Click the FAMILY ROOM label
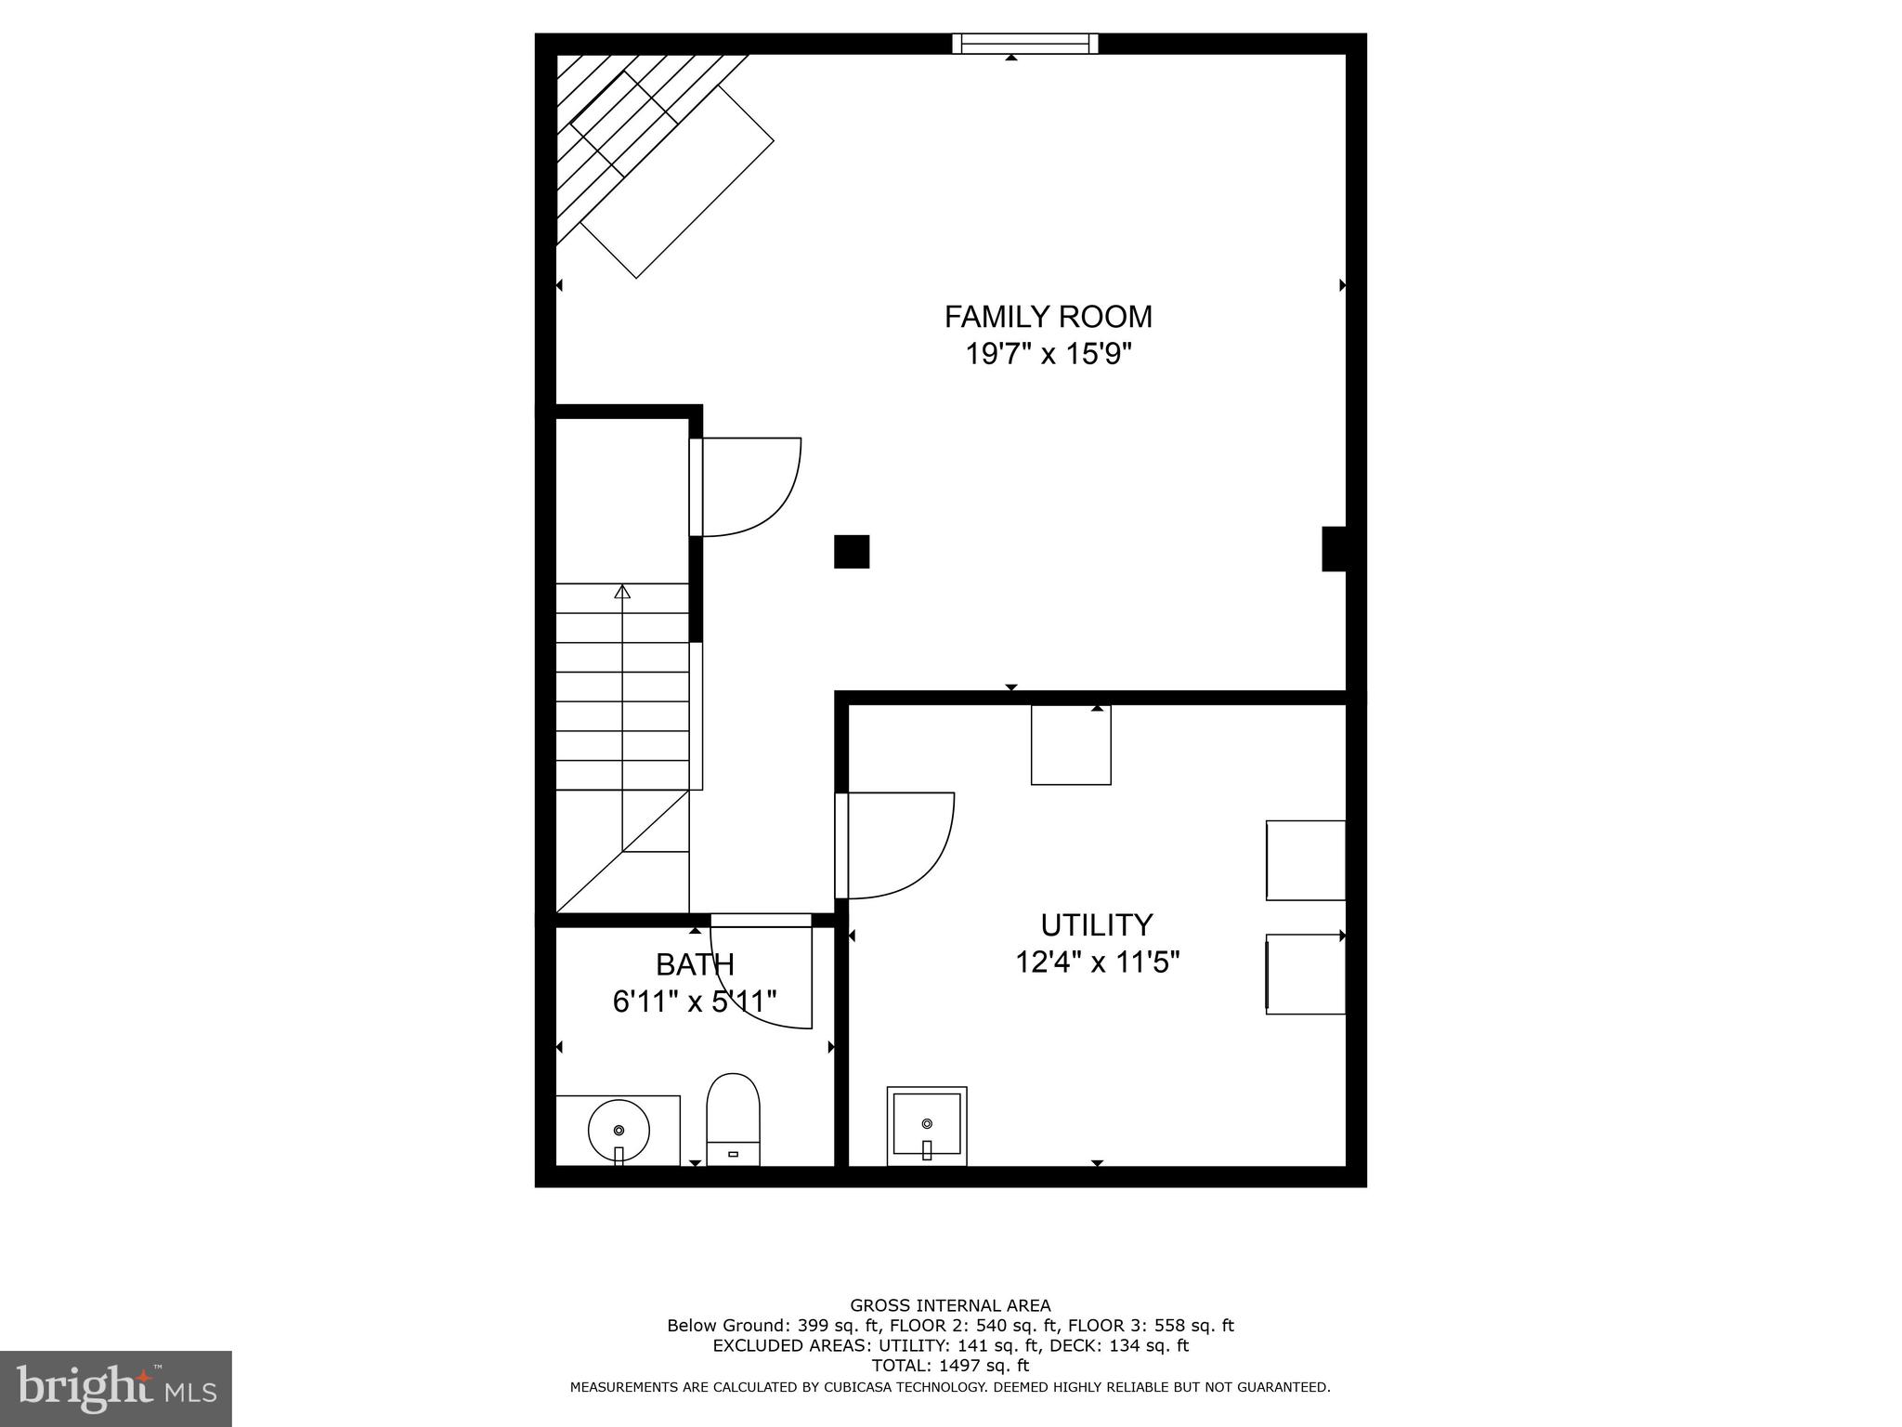(x=1048, y=317)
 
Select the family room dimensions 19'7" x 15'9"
(x=1048, y=355)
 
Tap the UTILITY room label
(x=1096, y=925)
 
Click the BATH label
(x=695, y=965)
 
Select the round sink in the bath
(x=619, y=1130)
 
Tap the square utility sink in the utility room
(x=926, y=1125)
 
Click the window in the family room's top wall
(x=1024, y=44)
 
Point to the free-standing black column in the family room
(x=852, y=551)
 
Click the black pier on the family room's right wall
(x=1334, y=548)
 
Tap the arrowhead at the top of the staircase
(x=622, y=592)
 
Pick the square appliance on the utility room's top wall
(x=1071, y=745)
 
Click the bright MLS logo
(x=115, y=1388)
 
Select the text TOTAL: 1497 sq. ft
(x=950, y=1366)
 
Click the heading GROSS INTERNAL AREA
(x=950, y=1305)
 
